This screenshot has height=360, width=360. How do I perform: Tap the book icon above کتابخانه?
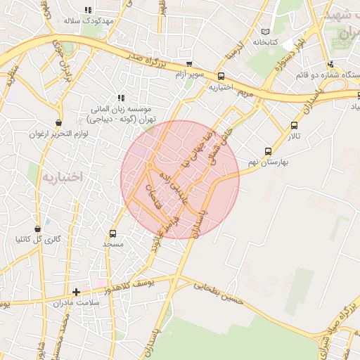pos(265,32)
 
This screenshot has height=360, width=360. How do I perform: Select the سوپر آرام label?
pos(189,75)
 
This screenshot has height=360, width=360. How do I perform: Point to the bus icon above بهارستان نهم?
pos(268,150)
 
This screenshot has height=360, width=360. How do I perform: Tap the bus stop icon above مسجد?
pos(112,233)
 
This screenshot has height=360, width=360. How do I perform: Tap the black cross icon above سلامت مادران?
pos(77,292)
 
